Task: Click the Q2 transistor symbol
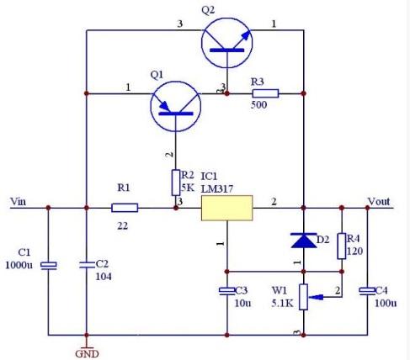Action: tap(226, 43)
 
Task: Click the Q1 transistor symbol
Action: tap(176, 107)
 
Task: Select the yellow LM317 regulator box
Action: tap(227, 208)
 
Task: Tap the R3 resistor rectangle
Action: tap(265, 93)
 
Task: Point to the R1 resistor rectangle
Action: tap(125, 208)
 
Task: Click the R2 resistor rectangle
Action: tap(176, 183)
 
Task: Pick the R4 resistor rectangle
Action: tap(342, 246)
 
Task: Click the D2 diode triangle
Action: tap(304, 241)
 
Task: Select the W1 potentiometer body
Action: tap(303, 297)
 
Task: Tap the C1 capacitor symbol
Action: tap(49, 266)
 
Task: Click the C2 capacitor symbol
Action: tap(87, 265)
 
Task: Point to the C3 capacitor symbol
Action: tap(227, 291)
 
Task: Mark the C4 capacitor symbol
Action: tap(367, 291)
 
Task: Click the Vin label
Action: tap(18, 201)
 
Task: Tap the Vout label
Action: tap(379, 201)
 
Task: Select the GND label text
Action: tap(87, 354)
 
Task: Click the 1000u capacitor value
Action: tap(19, 265)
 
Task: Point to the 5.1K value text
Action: tap(282, 303)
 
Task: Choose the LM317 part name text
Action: tap(217, 188)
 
